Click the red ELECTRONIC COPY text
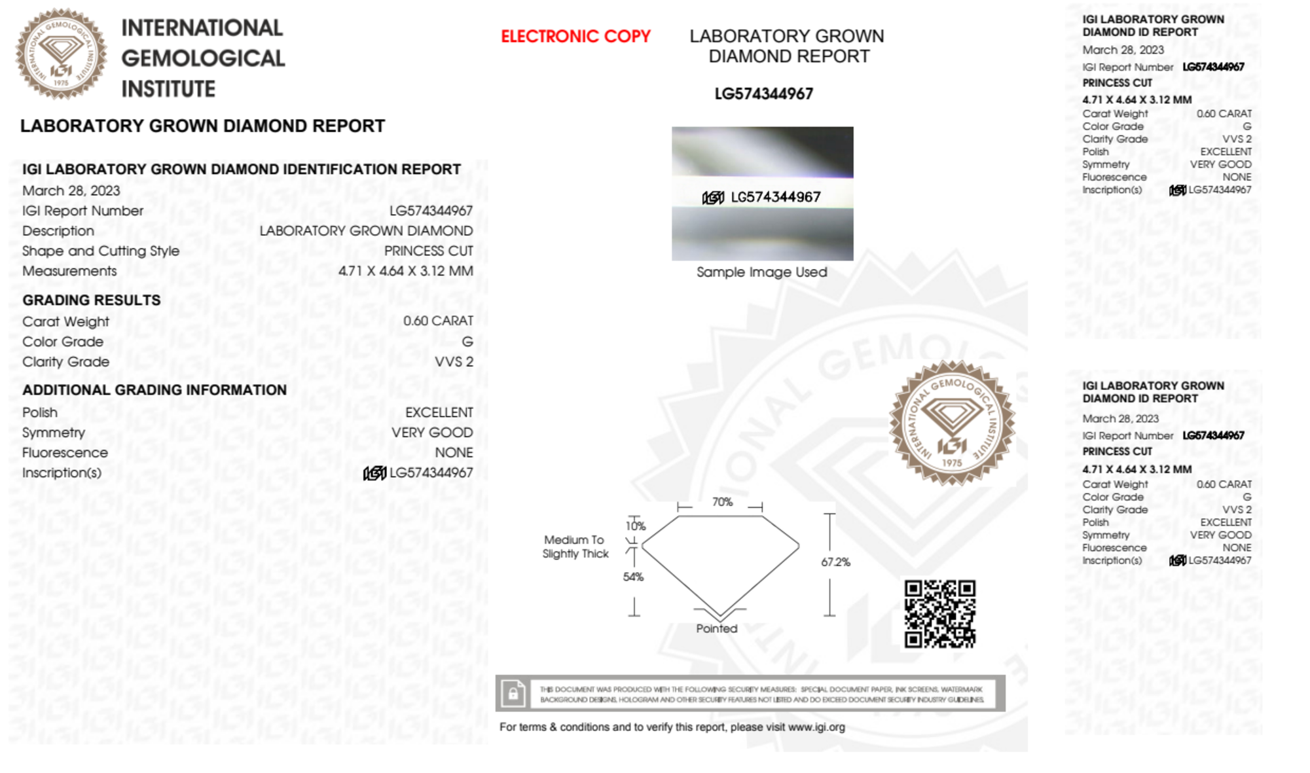point(575,37)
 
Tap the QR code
point(939,613)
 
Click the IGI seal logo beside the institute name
point(61,54)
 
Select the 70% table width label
point(722,502)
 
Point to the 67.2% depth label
point(835,562)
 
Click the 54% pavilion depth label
point(633,577)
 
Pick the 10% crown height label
point(636,526)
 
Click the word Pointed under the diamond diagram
point(716,628)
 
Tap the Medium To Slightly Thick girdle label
point(575,547)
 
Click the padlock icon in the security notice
point(513,693)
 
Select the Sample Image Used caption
point(761,272)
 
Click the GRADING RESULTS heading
point(92,300)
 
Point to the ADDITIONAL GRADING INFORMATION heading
point(155,390)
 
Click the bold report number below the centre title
point(763,94)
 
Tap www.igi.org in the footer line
point(816,727)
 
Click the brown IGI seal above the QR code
point(952,422)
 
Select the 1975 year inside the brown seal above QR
point(952,463)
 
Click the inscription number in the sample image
point(775,197)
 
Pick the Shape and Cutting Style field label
point(101,251)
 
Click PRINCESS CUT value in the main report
point(428,251)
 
